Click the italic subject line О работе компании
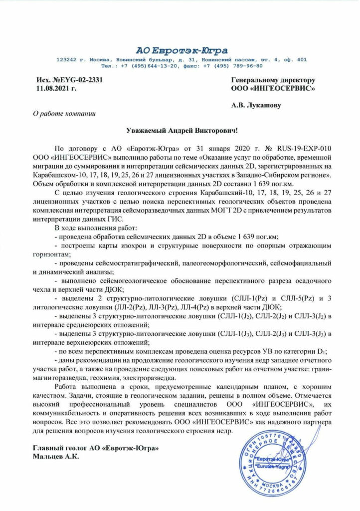[x=63, y=114]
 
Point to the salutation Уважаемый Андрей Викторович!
[x=180, y=130]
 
